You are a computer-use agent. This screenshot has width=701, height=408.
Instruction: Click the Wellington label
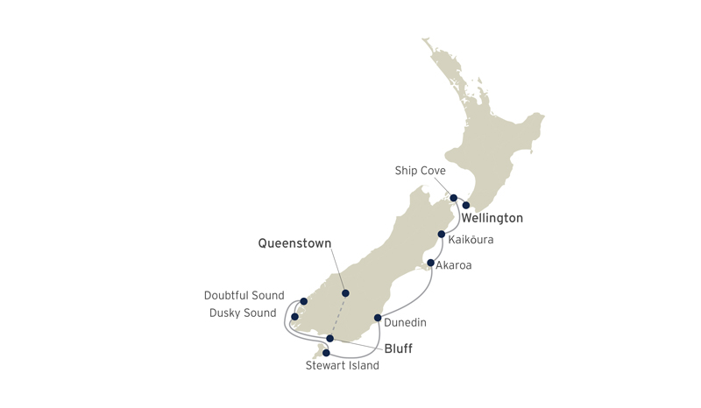coord(492,218)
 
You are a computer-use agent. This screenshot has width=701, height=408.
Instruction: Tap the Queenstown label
coord(295,244)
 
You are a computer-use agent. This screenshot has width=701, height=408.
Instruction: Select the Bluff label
coord(397,348)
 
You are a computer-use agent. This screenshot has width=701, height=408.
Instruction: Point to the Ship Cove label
coord(421,172)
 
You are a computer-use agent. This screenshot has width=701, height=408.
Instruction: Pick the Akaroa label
coord(453,265)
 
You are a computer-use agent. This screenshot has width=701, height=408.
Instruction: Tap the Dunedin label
coord(405,323)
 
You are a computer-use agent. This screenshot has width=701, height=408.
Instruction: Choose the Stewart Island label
coord(343,366)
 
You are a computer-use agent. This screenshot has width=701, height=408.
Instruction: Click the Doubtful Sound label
coord(244,296)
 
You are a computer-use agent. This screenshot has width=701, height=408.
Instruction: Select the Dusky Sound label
coord(243,313)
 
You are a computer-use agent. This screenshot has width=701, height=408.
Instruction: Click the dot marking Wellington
coord(466,206)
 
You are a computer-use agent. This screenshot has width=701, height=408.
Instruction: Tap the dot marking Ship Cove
coord(453,198)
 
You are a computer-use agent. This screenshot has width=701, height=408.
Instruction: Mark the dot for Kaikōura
coord(442,235)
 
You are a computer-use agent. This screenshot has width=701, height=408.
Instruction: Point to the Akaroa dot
coord(430,263)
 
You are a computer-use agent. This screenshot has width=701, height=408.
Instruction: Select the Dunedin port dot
coord(378,318)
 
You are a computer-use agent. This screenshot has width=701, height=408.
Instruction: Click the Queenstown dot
coord(345,293)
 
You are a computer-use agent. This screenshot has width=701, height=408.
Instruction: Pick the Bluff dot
coord(329,338)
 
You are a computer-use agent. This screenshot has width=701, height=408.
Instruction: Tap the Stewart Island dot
coord(326,353)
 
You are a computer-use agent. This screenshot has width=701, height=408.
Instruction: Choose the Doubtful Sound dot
coord(303,301)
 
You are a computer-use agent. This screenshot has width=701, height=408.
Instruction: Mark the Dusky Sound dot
coord(294,317)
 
